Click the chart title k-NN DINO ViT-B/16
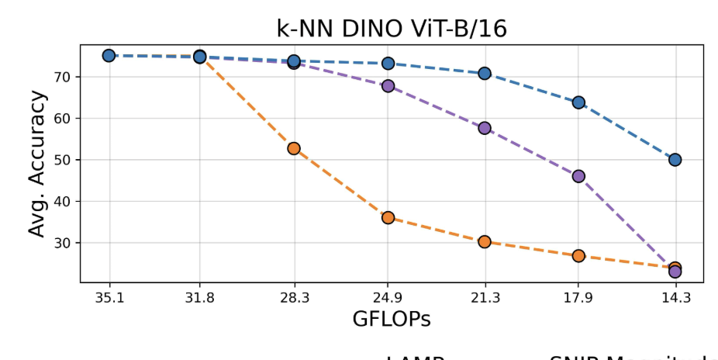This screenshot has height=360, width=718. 392,28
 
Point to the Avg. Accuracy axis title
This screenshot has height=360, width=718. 37,164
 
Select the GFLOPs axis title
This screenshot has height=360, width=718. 392,319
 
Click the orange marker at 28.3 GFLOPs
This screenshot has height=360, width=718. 294,148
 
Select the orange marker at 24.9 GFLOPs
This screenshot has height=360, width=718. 388,218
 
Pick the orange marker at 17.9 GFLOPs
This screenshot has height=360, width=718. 578,256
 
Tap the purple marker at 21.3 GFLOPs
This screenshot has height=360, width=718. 485,128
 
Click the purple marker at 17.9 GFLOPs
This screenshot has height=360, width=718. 578,176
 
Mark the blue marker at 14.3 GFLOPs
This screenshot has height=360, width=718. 675,160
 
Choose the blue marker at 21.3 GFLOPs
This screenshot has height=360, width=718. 485,73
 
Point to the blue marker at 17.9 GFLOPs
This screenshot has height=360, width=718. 578,102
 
